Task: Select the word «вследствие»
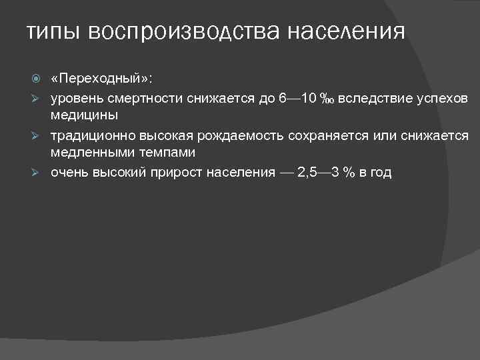(x=369, y=99)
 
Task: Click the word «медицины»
(x=85, y=115)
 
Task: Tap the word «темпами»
(x=169, y=153)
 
